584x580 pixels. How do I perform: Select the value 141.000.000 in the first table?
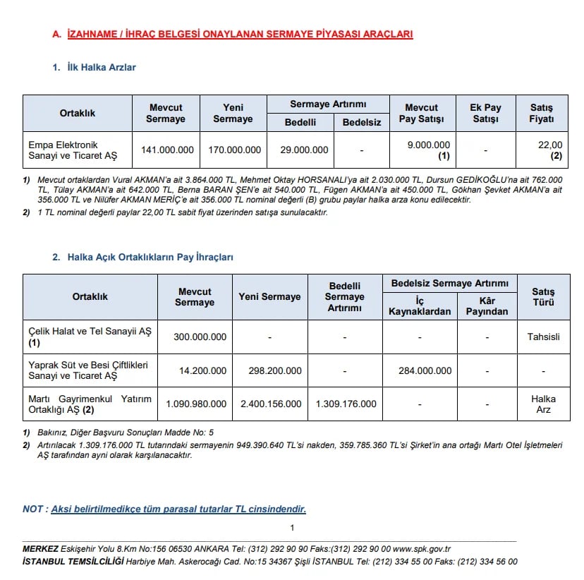(x=167, y=150)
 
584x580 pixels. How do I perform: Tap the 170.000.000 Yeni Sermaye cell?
(x=235, y=150)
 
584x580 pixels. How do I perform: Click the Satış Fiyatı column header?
(x=542, y=113)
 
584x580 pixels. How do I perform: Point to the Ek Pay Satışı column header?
(x=485, y=113)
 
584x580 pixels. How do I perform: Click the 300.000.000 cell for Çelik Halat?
(x=200, y=337)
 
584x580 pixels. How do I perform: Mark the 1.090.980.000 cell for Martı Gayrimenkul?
(x=196, y=404)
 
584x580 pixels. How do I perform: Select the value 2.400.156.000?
(x=270, y=404)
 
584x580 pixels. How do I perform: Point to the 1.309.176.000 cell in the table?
(x=345, y=404)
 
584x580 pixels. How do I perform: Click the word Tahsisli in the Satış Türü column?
(x=543, y=337)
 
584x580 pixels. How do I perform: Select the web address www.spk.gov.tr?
(x=422, y=549)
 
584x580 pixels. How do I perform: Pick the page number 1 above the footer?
(x=292, y=528)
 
